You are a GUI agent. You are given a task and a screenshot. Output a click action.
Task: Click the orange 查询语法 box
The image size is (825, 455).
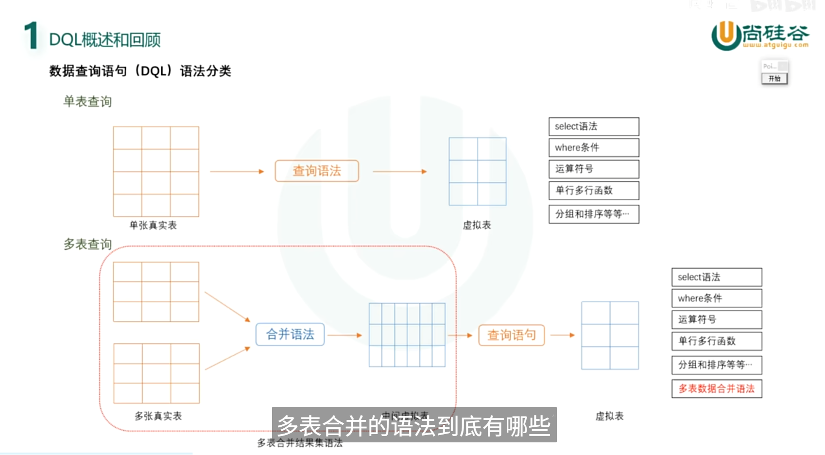[317, 171]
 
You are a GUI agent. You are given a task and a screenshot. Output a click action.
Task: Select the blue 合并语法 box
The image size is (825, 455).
[290, 334]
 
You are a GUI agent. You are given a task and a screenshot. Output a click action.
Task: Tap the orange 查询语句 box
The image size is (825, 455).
[512, 335]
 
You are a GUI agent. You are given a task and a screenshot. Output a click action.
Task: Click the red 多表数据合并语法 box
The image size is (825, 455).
[717, 389]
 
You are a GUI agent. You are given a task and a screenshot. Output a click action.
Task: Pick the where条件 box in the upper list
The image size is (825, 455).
[594, 148]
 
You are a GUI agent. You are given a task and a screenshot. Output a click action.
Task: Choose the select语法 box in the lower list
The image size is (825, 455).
[717, 277]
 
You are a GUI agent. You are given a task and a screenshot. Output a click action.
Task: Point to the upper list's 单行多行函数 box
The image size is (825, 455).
[594, 191]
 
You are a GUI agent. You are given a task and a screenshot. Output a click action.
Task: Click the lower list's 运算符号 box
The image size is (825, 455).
[717, 320]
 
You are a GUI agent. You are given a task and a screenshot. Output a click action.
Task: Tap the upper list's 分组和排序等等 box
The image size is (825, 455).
[594, 214]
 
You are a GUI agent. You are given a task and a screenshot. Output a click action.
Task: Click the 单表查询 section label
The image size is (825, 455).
[87, 102]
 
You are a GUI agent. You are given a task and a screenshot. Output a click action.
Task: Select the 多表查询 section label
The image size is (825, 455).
[87, 244]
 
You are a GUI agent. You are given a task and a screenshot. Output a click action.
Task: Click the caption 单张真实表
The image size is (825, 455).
[153, 226]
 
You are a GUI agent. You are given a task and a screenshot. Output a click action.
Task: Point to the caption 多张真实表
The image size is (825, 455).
[158, 416]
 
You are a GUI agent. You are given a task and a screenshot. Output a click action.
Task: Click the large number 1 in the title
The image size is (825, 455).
[32, 35]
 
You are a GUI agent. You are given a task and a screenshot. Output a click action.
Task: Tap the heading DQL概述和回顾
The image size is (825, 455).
[104, 40]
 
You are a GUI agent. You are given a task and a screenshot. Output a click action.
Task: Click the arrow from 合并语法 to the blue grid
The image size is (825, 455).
[345, 335]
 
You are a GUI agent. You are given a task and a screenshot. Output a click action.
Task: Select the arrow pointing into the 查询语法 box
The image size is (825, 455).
[237, 172]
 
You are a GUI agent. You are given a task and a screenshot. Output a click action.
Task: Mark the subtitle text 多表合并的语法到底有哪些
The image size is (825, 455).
[414, 426]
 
